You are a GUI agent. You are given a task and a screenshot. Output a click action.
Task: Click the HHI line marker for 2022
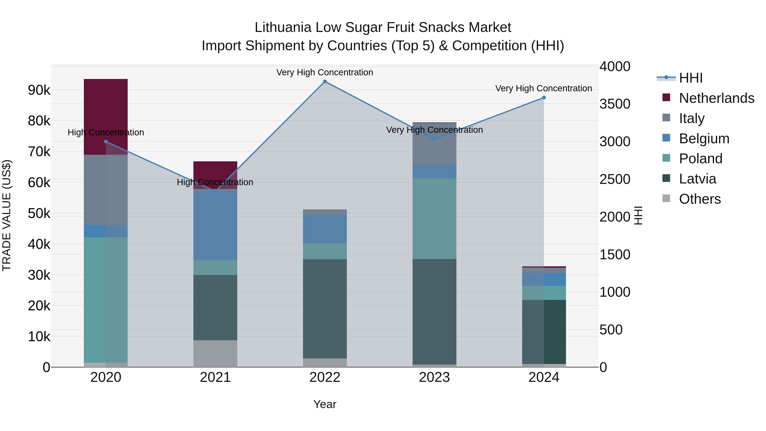click(x=325, y=82)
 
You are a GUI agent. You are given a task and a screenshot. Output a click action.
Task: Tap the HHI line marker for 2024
click(x=544, y=97)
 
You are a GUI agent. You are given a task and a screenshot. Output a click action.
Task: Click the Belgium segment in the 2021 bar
click(x=215, y=225)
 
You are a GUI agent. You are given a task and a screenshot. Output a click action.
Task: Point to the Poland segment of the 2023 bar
click(x=434, y=219)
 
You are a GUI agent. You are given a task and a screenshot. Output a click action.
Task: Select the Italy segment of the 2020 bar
click(x=106, y=190)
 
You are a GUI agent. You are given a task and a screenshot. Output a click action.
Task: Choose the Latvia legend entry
click(x=697, y=179)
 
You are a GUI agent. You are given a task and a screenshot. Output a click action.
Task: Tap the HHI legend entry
click(x=690, y=78)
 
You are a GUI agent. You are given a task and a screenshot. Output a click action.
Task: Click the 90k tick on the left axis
click(x=39, y=90)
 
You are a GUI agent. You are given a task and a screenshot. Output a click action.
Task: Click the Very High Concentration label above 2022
click(x=324, y=72)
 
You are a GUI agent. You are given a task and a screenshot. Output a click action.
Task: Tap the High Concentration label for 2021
click(x=215, y=182)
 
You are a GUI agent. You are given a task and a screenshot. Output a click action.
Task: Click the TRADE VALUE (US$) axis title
click(x=7, y=215)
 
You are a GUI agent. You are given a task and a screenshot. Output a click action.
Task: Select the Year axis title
click(x=325, y=404)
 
